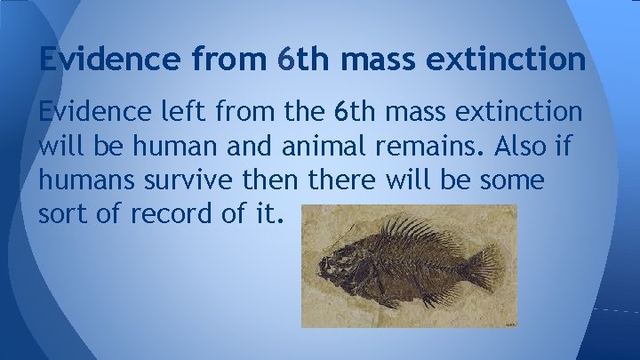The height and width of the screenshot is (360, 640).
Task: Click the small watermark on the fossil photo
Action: [510, 324]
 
